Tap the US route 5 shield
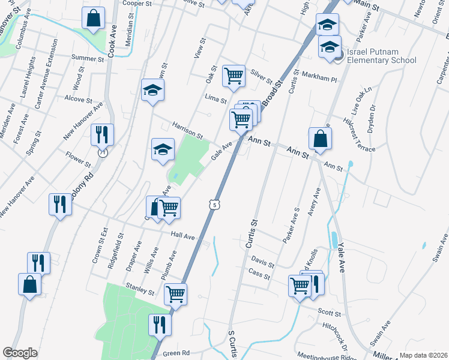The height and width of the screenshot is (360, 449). (x=214, y=205)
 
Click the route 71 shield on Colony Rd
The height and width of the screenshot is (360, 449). (x=103, y=154)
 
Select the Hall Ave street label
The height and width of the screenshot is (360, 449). (x=183, y=236)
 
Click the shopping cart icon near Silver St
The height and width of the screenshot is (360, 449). (x=234, y=76)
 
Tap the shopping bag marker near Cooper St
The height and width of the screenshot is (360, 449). (x=94, y=19)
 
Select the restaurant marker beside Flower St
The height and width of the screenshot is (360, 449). (x=101, y=135)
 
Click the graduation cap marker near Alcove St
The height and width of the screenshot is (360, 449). (x=152, y=91)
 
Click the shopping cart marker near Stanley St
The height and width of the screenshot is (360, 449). (x=175, y=294)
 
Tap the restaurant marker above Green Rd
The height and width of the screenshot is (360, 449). (x=160, y=325)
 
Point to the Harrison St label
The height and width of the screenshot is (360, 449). (x=187, y=129)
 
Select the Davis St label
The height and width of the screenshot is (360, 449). (x=262, y=262)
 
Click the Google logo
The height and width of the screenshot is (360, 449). (x=20, y=353)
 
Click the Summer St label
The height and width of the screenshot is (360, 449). (x=88, y=58)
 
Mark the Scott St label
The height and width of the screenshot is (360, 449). (x=329, y=313)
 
